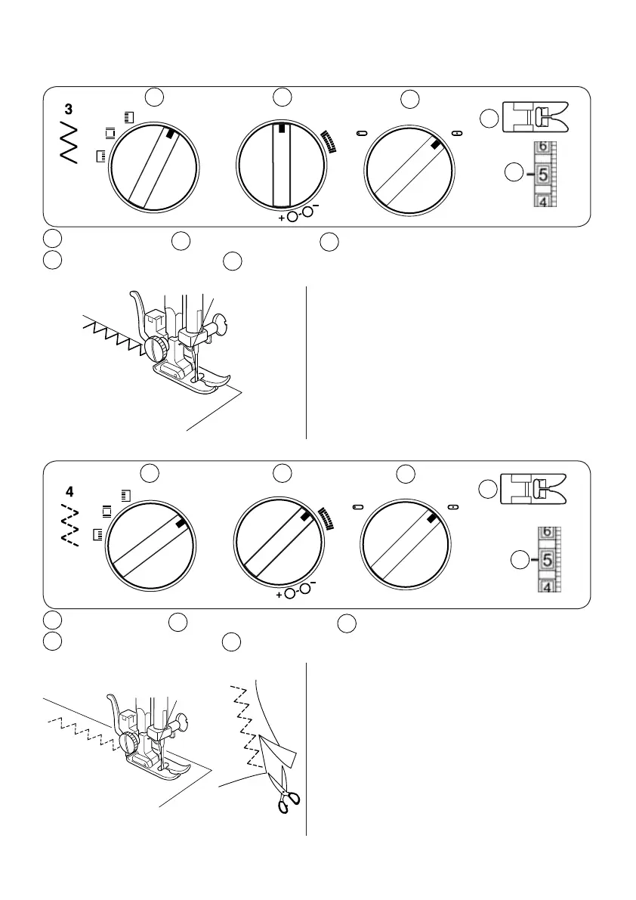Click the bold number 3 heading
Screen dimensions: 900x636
click(69, 110)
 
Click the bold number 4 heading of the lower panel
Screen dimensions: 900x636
click(69, 490)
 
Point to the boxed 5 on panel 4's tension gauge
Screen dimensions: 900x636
click(548, 560)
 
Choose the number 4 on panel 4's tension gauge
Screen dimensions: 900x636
click(548, 586)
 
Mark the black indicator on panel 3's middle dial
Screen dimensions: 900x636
click(282, 129)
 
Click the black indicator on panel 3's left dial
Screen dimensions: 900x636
click(171, 134)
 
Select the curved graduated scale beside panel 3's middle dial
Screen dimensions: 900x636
click(328, 141)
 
